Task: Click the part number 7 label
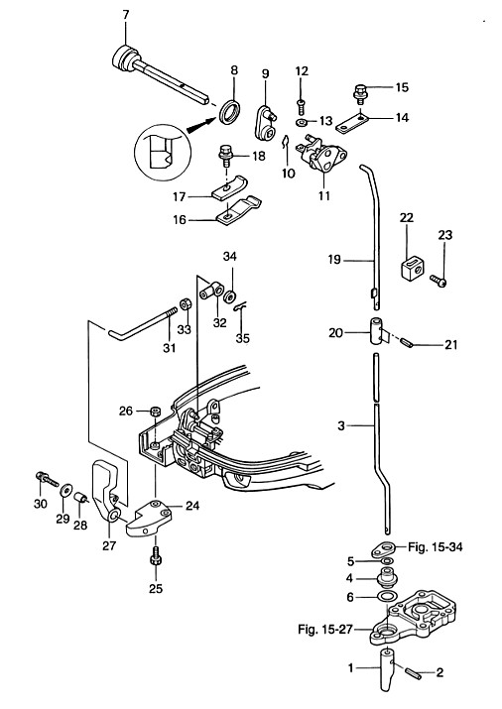[x=126, y=15]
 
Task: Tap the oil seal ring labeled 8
[x=230, y=111]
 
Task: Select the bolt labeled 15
[x=360, y=92]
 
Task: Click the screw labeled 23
[x=438, y=281]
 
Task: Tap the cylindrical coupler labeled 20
[x=376, y=331]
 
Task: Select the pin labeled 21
[x=407, y=342]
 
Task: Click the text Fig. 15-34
[x=436, y=547]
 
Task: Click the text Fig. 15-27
[x=324, y=629]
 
